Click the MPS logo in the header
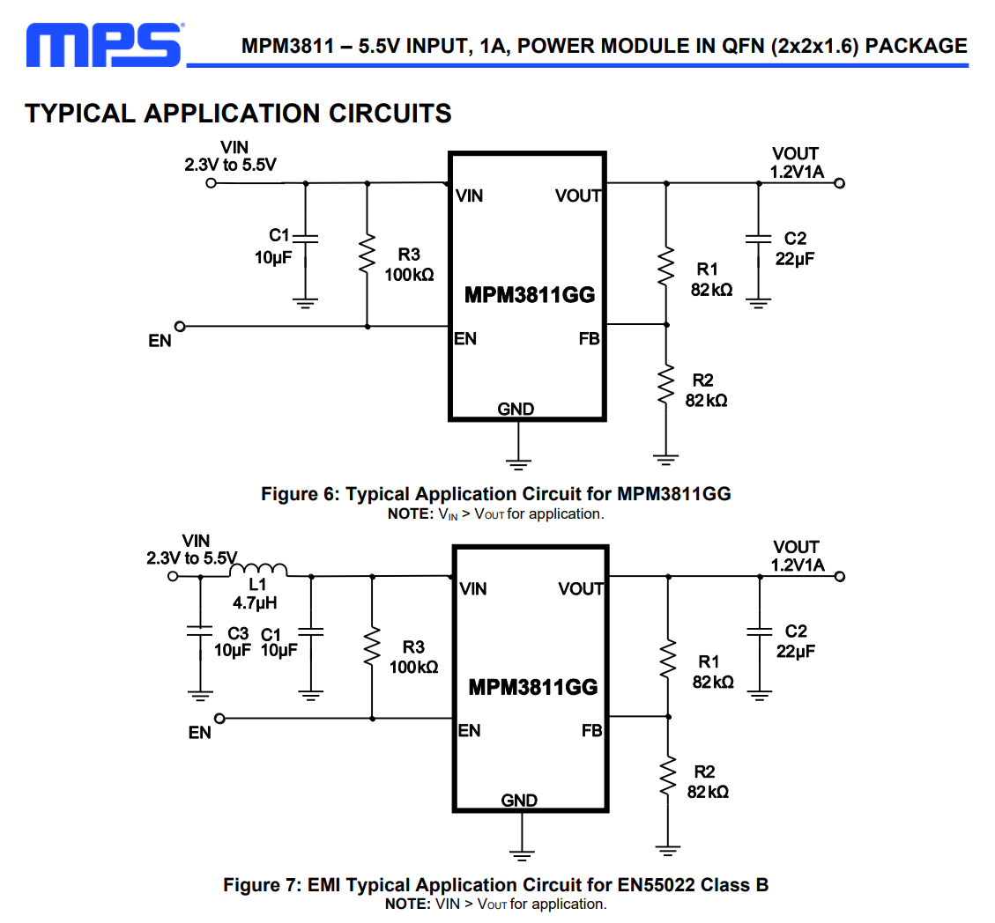[x=104, y=44]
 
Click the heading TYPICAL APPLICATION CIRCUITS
[x=238, y=114]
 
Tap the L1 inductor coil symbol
[x=258, y=570]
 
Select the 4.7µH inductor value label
[x=256, y=603]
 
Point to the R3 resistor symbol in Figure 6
[x=368, y=255]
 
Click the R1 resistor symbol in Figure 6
[x=666, y=266]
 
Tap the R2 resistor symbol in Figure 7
[x=668, y=774]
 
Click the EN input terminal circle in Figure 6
[x=181, y=326]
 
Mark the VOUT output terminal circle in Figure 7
[x=840, y=577]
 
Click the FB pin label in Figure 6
[x=589, y=338]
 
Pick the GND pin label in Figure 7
[x=519, y=801]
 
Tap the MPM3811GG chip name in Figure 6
[x=530, y=295]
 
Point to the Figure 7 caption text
[x=495, y=884]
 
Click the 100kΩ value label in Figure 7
[x=414, y=667]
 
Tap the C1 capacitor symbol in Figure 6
[x=306, y=238]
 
